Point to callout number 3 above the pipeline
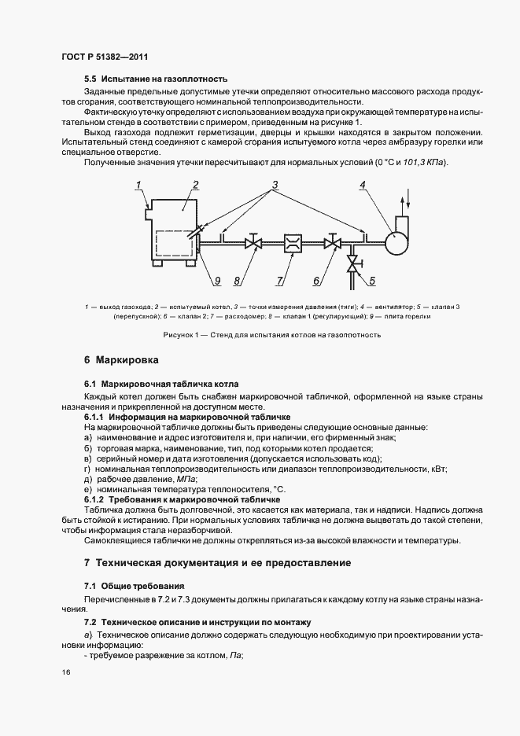(276, 187)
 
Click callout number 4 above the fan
(363, 187)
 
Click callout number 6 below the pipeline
(317, 279)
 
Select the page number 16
(65, 673)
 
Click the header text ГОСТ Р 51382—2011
(105, 57)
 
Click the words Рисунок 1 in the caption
(182, 335)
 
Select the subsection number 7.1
(90, 586)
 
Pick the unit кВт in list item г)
(437, 469)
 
